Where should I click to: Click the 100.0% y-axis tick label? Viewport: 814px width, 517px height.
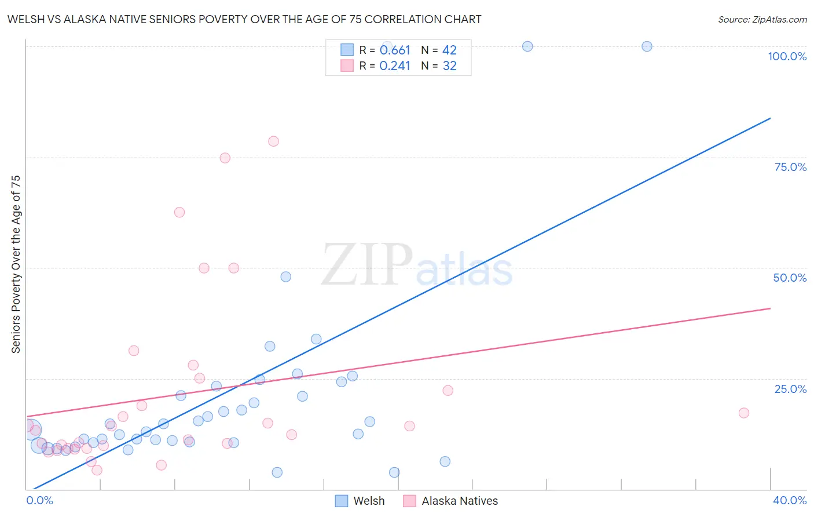coord(787,56)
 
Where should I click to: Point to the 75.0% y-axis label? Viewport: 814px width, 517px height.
coord(790,167)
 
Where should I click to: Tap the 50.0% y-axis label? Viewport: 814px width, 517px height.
coord(790,278)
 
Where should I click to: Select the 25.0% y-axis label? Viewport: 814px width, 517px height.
coord(790,388)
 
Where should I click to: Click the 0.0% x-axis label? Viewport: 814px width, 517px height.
coord(39,500)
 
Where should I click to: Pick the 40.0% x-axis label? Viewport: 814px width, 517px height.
coord(789,500)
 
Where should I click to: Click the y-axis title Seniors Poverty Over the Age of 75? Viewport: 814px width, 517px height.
coord(16,264)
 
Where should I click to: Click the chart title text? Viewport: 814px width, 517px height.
coord(244,19)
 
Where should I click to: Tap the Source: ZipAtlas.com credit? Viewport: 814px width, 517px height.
coord(762,19)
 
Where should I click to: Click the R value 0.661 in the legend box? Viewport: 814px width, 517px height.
coord(395,50)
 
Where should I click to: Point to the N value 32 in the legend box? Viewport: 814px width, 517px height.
coord(450,66)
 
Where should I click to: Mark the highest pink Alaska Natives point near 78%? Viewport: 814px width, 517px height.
coord(273,141)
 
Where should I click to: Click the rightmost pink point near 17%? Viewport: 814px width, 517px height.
coord(744,413)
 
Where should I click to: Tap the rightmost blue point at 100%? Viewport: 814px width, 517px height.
coord(647,46)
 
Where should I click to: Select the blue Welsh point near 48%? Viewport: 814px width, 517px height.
coord(285,277)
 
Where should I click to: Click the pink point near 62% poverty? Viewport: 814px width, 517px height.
coord(179,213)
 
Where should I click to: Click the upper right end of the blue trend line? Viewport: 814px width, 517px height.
coord(770,118)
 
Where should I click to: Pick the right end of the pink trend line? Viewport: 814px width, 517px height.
coord(770,308)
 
